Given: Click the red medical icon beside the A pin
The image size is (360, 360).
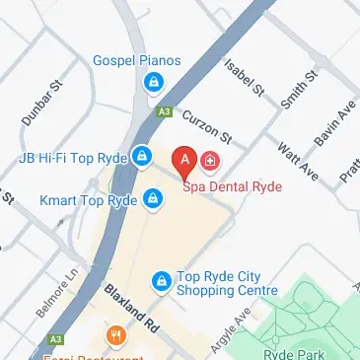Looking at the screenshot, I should tap(210, 160).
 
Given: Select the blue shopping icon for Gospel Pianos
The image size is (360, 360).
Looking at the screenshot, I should tap(154, 84).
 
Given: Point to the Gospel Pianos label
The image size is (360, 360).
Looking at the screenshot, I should tap(137, 61).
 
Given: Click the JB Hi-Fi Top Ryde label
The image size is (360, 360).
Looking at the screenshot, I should tap(75, 157).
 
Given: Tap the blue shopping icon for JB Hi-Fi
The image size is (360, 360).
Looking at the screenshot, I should tap(142, 156).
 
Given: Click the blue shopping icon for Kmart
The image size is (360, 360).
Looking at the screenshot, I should tap(152, 200).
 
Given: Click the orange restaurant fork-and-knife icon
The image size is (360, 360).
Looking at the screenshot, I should tap(116, 336).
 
